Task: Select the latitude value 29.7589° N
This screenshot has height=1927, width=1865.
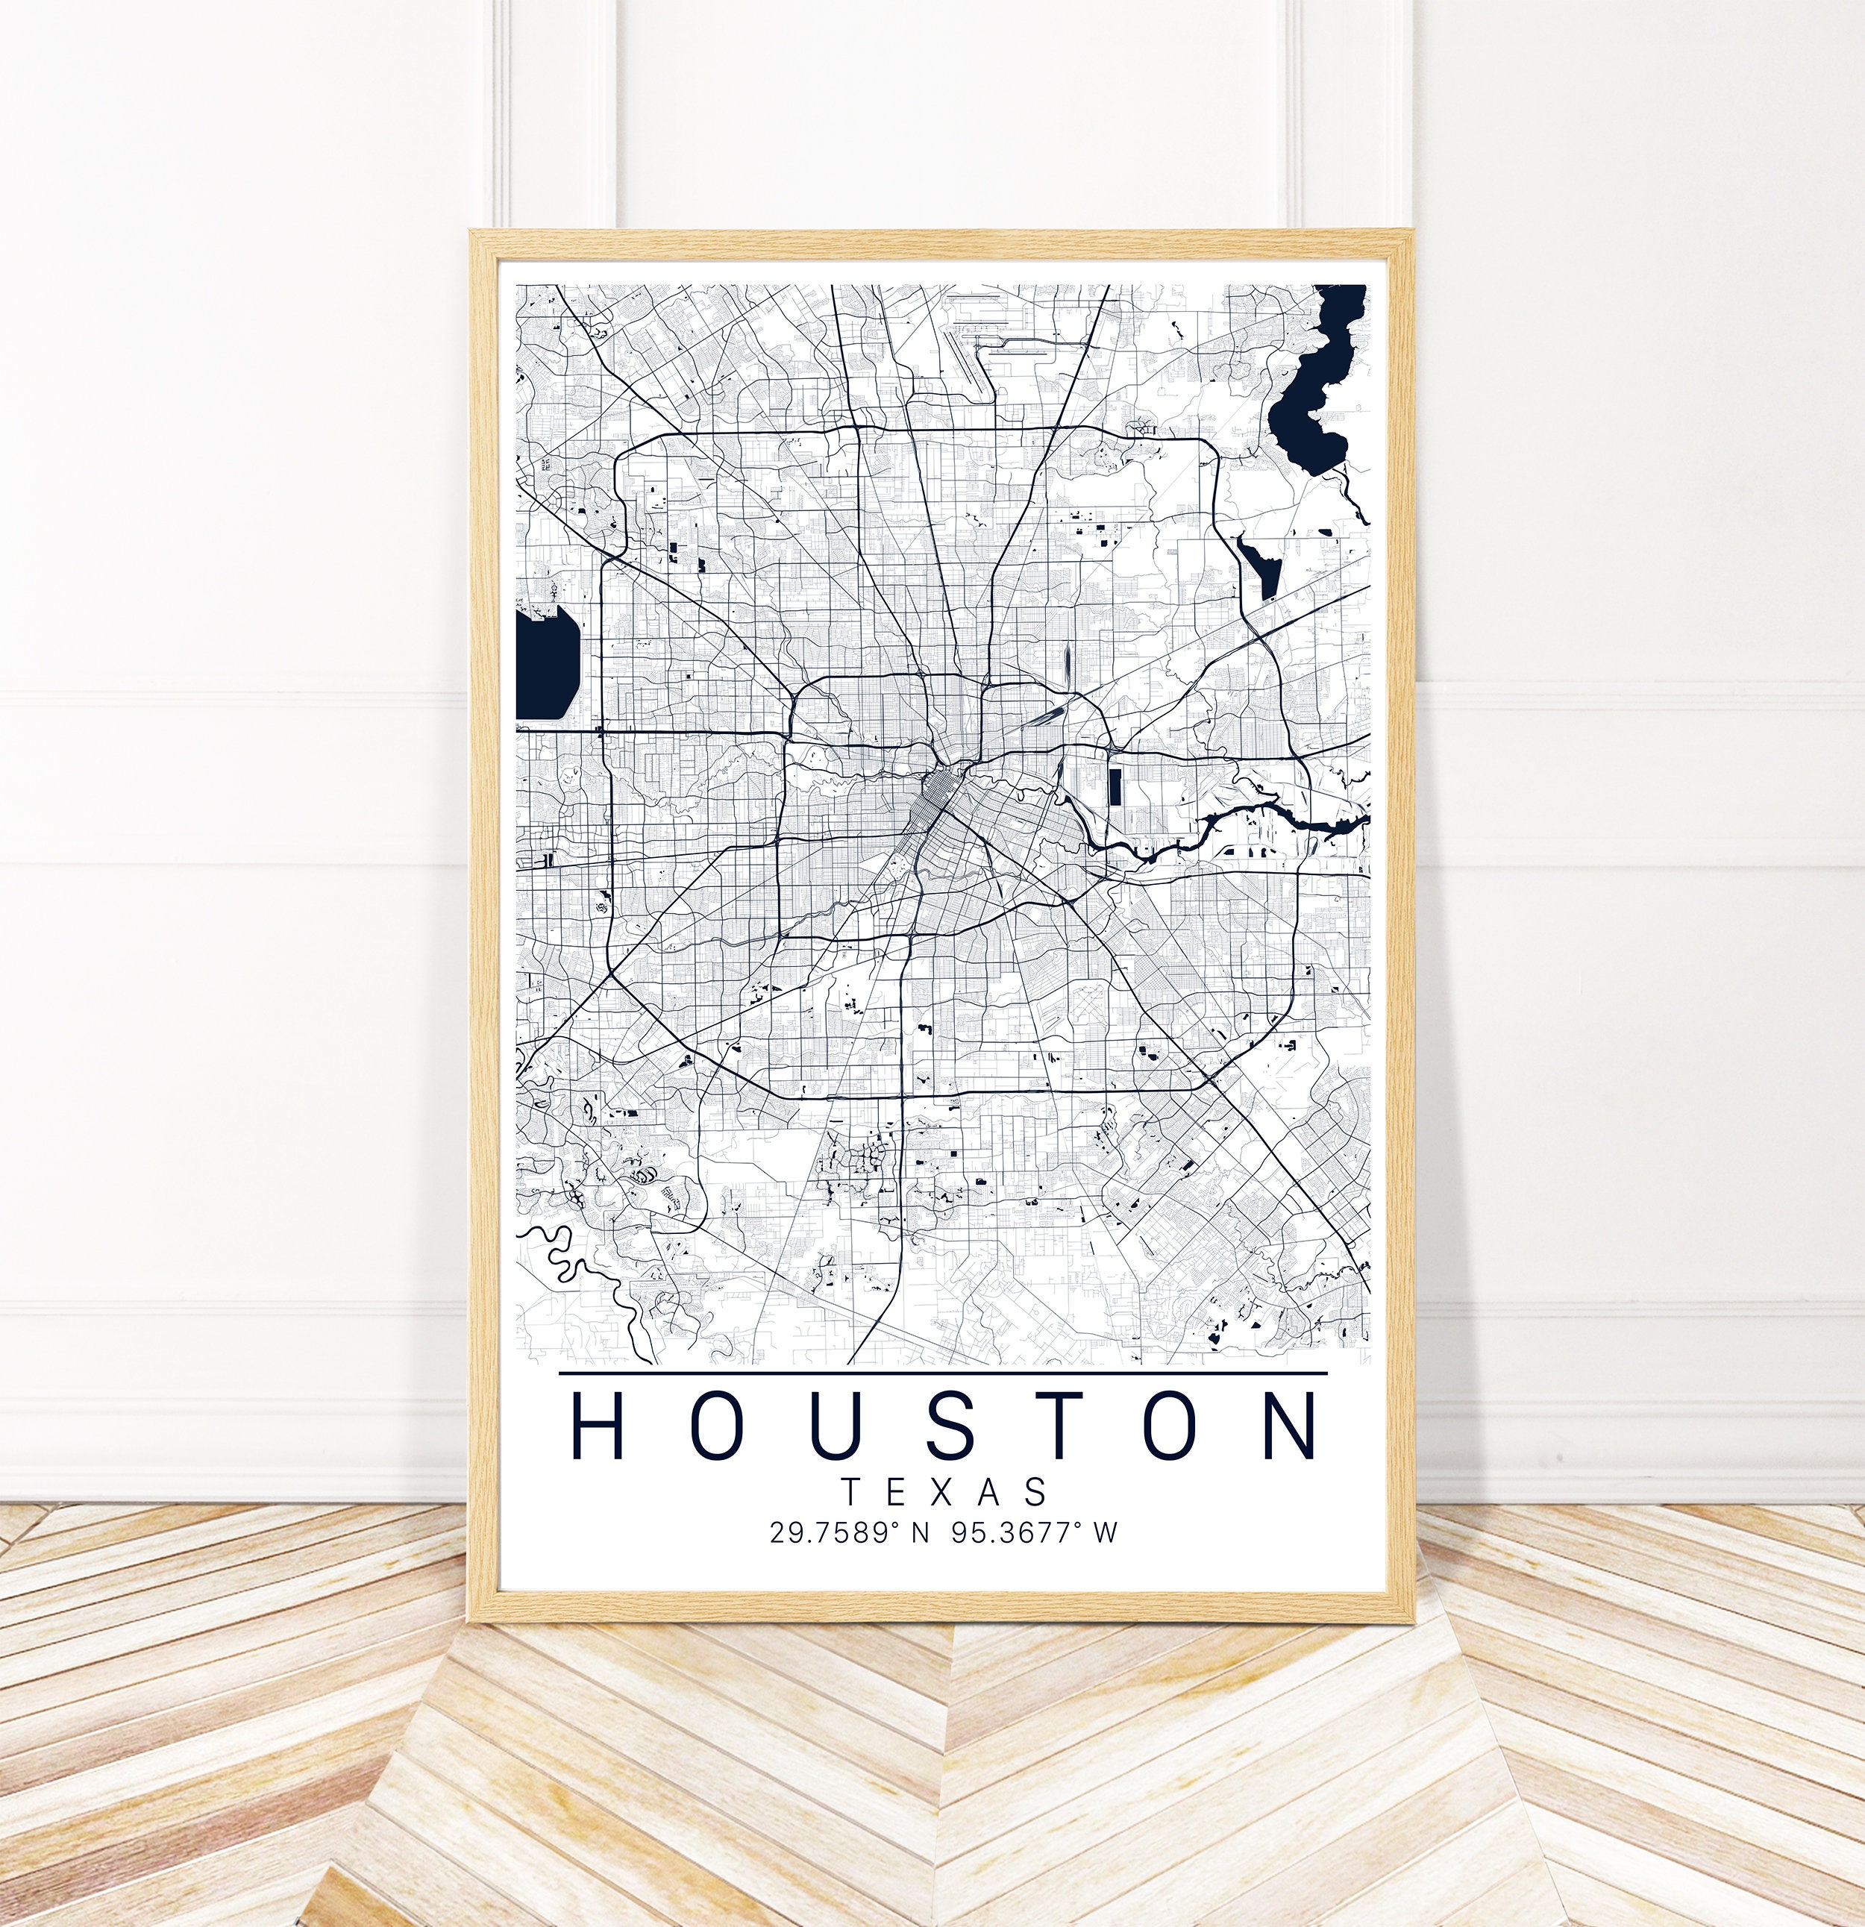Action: tap(848, 1533)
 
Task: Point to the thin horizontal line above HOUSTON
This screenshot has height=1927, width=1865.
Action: tap(942, 1373)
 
